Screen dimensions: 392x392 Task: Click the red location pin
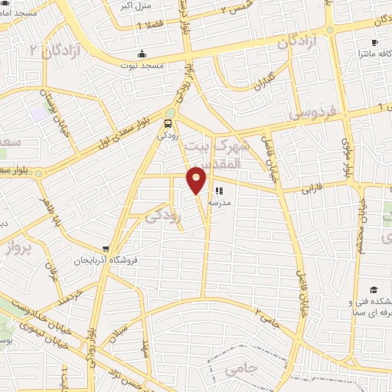tap(198, 179)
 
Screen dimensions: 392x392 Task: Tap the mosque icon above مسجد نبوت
tap(142, 54)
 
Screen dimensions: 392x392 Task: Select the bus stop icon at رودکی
tap(168, 122)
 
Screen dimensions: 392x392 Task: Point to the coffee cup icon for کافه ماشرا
tap(374, 43)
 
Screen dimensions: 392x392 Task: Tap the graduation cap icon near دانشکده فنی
tap(373, 289)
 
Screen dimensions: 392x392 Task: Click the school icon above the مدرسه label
tap(219, 191)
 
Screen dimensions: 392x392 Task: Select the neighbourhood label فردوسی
tap(312, 114)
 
